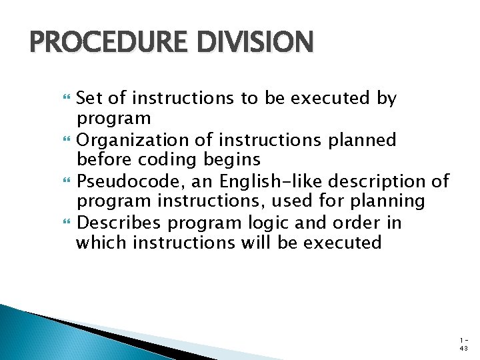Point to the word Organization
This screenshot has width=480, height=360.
[133, 140]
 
